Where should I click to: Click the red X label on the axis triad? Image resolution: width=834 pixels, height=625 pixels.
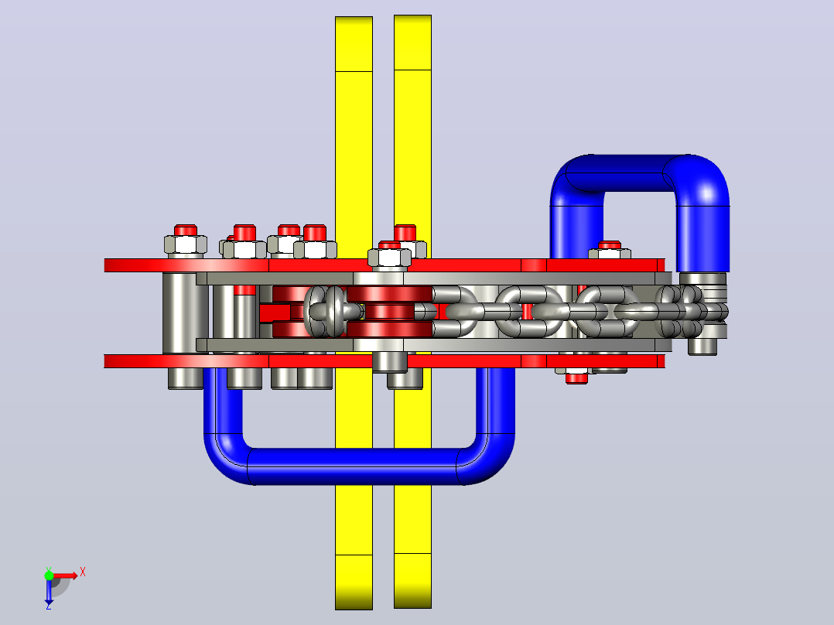(83, 572)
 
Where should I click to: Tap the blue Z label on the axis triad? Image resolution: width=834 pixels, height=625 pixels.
(49, 606)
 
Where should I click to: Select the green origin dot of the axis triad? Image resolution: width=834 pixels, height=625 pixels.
(49, 575)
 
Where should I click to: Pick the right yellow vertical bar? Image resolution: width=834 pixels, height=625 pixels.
(413, 133)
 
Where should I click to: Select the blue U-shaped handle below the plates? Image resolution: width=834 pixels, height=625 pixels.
(359, 466)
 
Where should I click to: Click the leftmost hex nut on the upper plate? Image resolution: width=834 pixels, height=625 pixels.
(185, 245)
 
